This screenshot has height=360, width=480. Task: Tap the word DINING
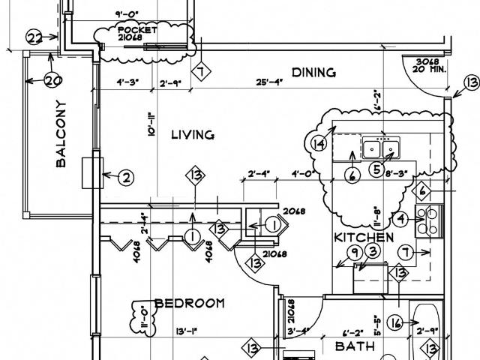313,72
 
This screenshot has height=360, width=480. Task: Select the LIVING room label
193,135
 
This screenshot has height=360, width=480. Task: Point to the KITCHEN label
364,237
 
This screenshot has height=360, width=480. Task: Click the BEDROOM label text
189,303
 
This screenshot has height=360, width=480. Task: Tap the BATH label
349,346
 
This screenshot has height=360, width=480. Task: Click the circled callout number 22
34,37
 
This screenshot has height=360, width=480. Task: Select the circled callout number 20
52,81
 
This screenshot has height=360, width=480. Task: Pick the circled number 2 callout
126,178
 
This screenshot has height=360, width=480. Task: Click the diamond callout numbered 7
200,73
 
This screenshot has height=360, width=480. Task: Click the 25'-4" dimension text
268,82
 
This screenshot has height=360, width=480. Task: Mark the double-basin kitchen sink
383,148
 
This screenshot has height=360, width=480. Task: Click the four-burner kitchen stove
430,220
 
